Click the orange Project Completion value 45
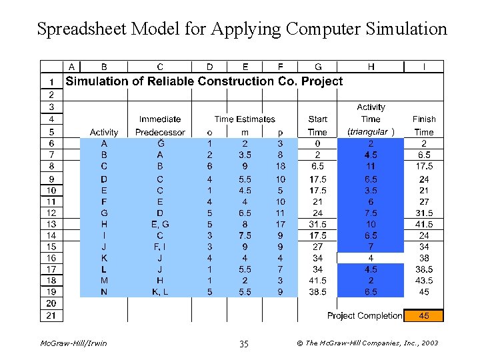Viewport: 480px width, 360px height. pos(424,315)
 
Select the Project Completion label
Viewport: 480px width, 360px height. pos(364,315)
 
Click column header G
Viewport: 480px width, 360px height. pos(318,67)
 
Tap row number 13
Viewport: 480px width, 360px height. pos(51,224)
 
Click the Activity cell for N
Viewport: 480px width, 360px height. pos(104,292)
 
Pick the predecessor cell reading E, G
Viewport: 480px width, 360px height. pos(160,224)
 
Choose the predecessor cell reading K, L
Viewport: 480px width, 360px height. pos(160,292)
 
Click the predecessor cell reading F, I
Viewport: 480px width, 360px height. pos(160,247)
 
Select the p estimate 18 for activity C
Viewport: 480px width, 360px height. pos(280,166)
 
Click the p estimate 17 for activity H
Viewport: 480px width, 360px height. pos(280,224)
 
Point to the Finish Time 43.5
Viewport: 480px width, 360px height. pos(424,281)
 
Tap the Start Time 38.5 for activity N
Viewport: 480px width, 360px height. pos(318,292)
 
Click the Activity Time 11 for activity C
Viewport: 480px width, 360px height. pos(371,166)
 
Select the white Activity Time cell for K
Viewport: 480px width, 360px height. pos(371,258)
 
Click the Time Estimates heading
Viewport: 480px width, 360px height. pos(245,119)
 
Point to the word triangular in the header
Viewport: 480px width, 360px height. pos(369,131)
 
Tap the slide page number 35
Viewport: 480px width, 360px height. pos(243,343)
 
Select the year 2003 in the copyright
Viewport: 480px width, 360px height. pos(430,343)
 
